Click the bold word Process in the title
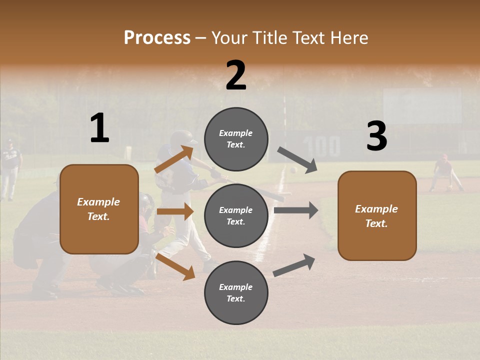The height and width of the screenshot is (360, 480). [157, 37]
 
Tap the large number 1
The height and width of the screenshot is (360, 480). [99, 128]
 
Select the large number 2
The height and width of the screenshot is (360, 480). [236, 75]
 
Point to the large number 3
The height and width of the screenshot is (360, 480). [376, 136]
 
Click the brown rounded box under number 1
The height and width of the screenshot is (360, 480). [99, 209]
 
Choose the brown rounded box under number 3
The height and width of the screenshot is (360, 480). [377, 215]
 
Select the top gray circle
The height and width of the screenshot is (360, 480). [236, 139]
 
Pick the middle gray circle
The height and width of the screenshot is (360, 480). [236, 215]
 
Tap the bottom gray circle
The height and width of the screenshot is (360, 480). [236, 292]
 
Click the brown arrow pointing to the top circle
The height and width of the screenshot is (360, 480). [175, 159]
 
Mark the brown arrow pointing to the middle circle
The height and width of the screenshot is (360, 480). [175, 211]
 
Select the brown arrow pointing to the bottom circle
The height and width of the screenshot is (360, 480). [175, 266]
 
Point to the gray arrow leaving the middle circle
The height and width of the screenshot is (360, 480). [295, 210]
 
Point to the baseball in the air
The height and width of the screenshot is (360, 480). [293, 170]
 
